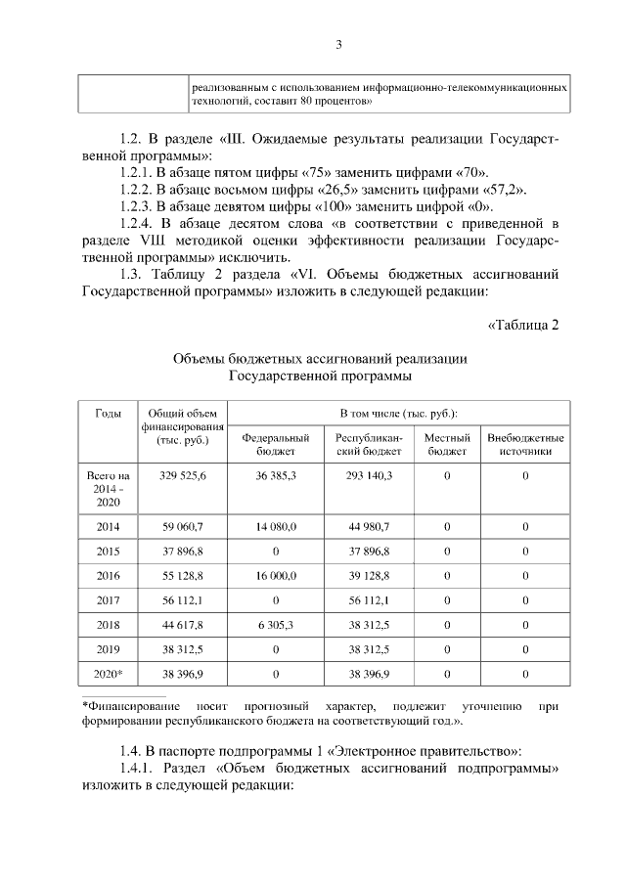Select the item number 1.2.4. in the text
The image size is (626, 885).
136,224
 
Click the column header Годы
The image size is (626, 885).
108,414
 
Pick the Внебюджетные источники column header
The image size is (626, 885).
525,444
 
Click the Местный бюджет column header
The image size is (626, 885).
447,444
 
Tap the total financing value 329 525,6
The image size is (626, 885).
183,475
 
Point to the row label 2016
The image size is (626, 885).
108,576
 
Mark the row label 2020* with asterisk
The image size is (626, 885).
108,674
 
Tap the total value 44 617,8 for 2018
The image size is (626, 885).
183,625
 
